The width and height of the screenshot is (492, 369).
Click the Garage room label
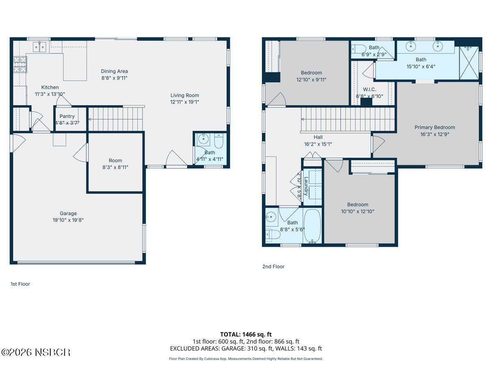tap(68, 213)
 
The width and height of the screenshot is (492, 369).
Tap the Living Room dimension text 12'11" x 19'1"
tap(184, 102)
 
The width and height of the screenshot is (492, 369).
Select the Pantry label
tap(67, 116)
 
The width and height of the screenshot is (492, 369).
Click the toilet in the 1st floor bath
tap(219, 141)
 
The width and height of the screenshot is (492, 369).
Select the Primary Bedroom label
tap(435, 127)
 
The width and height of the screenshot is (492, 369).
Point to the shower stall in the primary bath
tap(469, 63)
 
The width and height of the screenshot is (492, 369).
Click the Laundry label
tap(306, 186)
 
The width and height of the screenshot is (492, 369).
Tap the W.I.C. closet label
tap(369, 89)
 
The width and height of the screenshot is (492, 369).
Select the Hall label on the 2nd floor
tap(318, 137)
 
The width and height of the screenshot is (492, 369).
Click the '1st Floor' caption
tap(20, 284)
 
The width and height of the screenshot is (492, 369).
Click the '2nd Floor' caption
tap(273, 266)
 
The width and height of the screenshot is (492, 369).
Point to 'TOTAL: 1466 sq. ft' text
tap(246, 334)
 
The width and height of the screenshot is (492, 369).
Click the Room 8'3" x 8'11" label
tap(115, 161)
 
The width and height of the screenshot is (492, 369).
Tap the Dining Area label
tap(114, 71)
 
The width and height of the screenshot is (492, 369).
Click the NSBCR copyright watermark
tap(36, 352)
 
